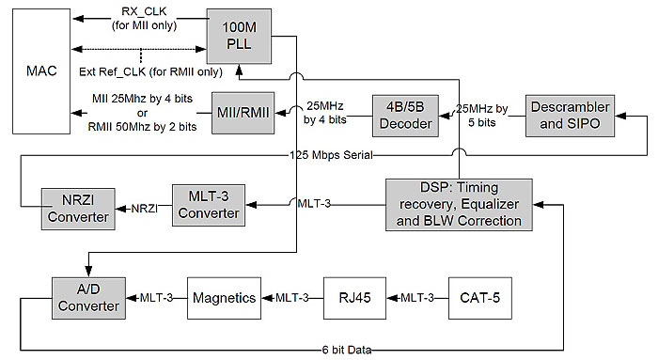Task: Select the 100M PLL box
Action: (x=239, y=34)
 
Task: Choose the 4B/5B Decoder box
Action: (x=406, y=113)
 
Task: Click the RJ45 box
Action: (x=353, y=297)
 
